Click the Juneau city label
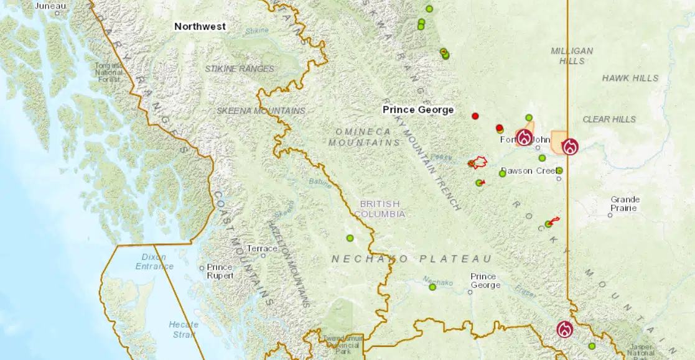tap(49, 6)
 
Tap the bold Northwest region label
tap(200, 27)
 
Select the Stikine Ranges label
tap(240, 68)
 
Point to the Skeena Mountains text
tap(261, 111)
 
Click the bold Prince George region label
tap(417, 110)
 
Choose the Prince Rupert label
tap(220, 271)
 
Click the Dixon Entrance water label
tap(154, 262)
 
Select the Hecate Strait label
tap(184, 329)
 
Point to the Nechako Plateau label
tap(411, 259)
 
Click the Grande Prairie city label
tap(625, 204)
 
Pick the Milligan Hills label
tap(572, 56)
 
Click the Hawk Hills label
tap(630, 78)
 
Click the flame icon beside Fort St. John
tap(525, 137)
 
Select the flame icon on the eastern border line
tap(570, 147)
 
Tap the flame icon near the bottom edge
tap(564, 329)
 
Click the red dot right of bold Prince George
tap(475, 116)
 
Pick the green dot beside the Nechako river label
tap(432, 287)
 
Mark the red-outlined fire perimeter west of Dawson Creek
tap(478, 163)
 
